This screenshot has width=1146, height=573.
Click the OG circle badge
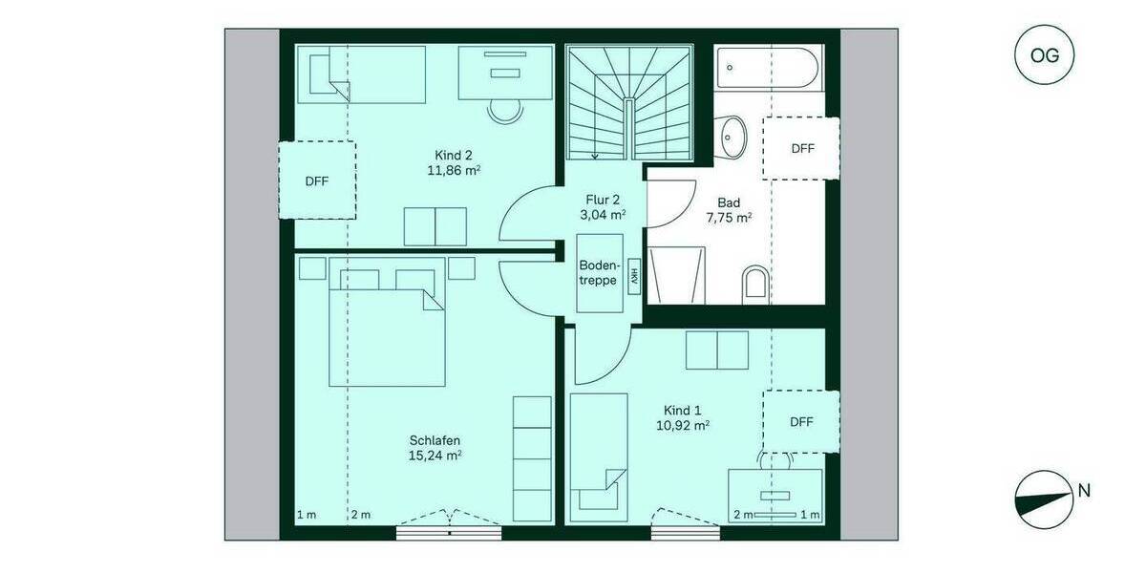1045,55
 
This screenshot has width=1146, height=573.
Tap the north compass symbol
1042,499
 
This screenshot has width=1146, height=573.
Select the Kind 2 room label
454,156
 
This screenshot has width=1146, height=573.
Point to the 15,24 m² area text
435,456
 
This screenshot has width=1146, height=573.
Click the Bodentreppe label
600,272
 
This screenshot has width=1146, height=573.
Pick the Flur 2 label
603,200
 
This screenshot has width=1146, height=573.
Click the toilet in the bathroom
754,283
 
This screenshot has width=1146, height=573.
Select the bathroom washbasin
733,136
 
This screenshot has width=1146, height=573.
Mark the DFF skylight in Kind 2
317,180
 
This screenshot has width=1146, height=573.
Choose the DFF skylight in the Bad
801,148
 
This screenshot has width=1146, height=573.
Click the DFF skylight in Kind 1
801,421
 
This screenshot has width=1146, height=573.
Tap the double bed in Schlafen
388,329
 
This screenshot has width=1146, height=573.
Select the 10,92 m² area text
682,425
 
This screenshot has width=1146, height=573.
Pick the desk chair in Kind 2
505,109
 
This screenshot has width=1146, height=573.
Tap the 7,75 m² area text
728,218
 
